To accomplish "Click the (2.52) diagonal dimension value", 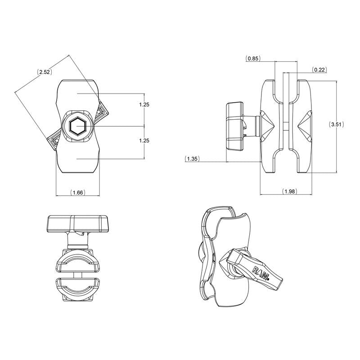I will pyautogui.click(x=44, y=72).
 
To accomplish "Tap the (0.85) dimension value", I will pyautogui.click(x=253, y=58).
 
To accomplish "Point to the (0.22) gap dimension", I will pyautogui.click(x=319, y=69).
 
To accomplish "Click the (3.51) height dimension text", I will pyautogui.click(x=336, y=125).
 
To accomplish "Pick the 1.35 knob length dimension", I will pyautogui.click(x=192, y=158).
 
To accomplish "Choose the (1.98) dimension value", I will pyautogui.click(x=289, y=192).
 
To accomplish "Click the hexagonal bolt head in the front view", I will pyautogui.click(x=77, y=126).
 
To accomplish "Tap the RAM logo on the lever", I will pyautogui.click(x=261, y=271).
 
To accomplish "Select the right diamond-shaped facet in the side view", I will pyautogui.click(x=305, y=126).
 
